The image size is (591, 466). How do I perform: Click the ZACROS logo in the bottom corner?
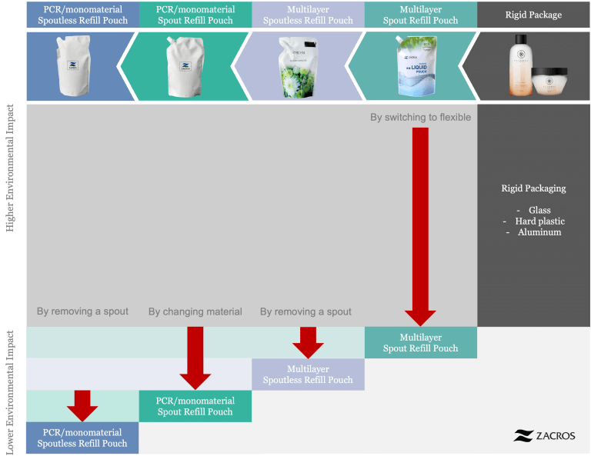pos(544,435)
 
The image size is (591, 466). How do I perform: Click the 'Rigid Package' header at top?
pos(533,15)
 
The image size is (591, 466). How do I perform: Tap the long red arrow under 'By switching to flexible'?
pos(420,223)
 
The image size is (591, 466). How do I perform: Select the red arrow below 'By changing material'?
pos(195,355)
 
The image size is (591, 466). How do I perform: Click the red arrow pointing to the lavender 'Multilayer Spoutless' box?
pos(308,341)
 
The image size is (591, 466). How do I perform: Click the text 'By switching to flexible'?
pos(420,118)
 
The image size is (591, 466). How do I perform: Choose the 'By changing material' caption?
pos(195,311)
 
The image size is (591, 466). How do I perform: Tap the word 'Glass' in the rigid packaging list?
pos(539,210)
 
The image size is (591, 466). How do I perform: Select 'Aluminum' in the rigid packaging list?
pos(539,232)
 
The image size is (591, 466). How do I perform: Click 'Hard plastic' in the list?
pos(539,221)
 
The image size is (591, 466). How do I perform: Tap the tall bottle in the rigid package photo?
pos(519,67)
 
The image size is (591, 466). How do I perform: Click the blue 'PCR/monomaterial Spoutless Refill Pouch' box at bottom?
pos(82,438)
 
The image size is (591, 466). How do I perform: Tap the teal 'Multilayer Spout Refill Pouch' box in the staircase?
pos(420,343)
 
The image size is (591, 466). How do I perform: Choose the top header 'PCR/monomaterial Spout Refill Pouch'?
pos(195,15)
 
